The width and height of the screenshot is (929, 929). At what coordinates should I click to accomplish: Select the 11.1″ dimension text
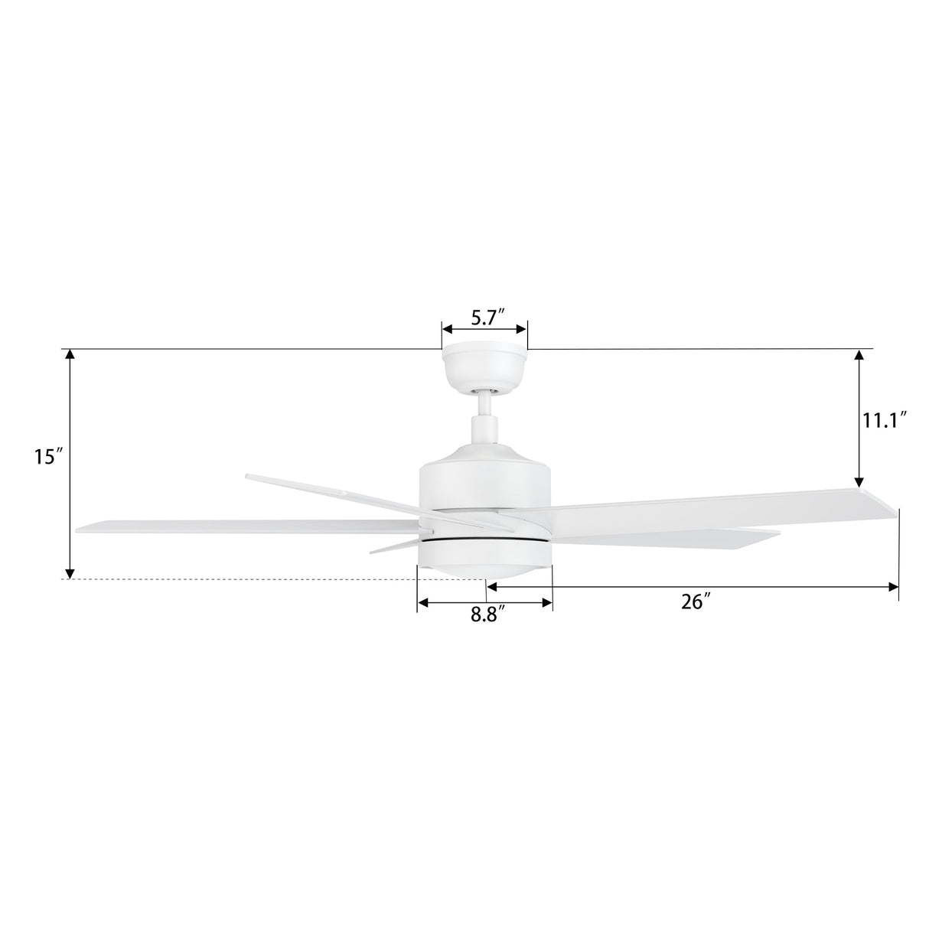click(x=885, y=420)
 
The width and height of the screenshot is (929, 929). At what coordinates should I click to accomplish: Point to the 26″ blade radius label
click(x=696, y=601)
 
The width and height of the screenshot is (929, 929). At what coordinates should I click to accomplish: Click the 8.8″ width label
click(x=487, y=616)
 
